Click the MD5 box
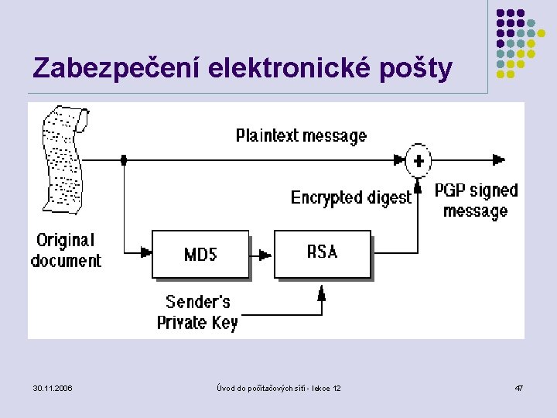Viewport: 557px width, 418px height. coord(200,254)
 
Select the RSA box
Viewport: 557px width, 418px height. coord(323,253)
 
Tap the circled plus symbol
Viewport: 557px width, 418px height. coord(419,160)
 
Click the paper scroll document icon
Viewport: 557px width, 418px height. coord(63,158)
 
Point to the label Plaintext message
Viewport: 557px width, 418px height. coord(301,136)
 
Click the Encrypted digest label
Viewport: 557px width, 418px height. coord(350,197)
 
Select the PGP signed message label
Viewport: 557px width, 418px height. coord(476,200)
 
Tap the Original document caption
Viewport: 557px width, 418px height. coord(66,250)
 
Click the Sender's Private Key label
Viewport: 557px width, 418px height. coord(197,312)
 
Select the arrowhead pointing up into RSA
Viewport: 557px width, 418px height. coord(322,292)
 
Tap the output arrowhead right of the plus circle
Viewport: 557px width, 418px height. coord(499,160)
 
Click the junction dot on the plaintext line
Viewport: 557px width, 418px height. coord(124,160)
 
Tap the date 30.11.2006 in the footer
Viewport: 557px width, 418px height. coord(53,387)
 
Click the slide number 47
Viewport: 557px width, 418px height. coord(519,387)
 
